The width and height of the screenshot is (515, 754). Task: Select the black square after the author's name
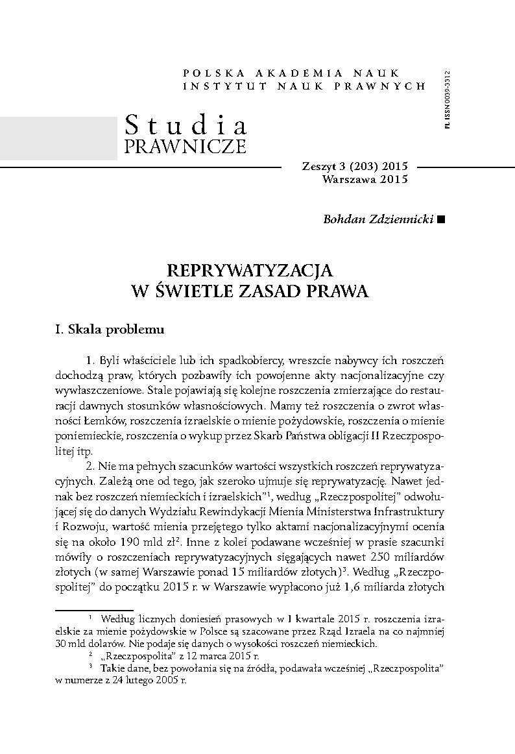coord(442,219)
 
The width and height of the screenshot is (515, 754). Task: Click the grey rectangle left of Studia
coord(58,139)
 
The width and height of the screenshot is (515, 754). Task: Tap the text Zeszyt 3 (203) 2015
coord(355,167)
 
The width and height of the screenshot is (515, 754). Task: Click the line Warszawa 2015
coord(365,180)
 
